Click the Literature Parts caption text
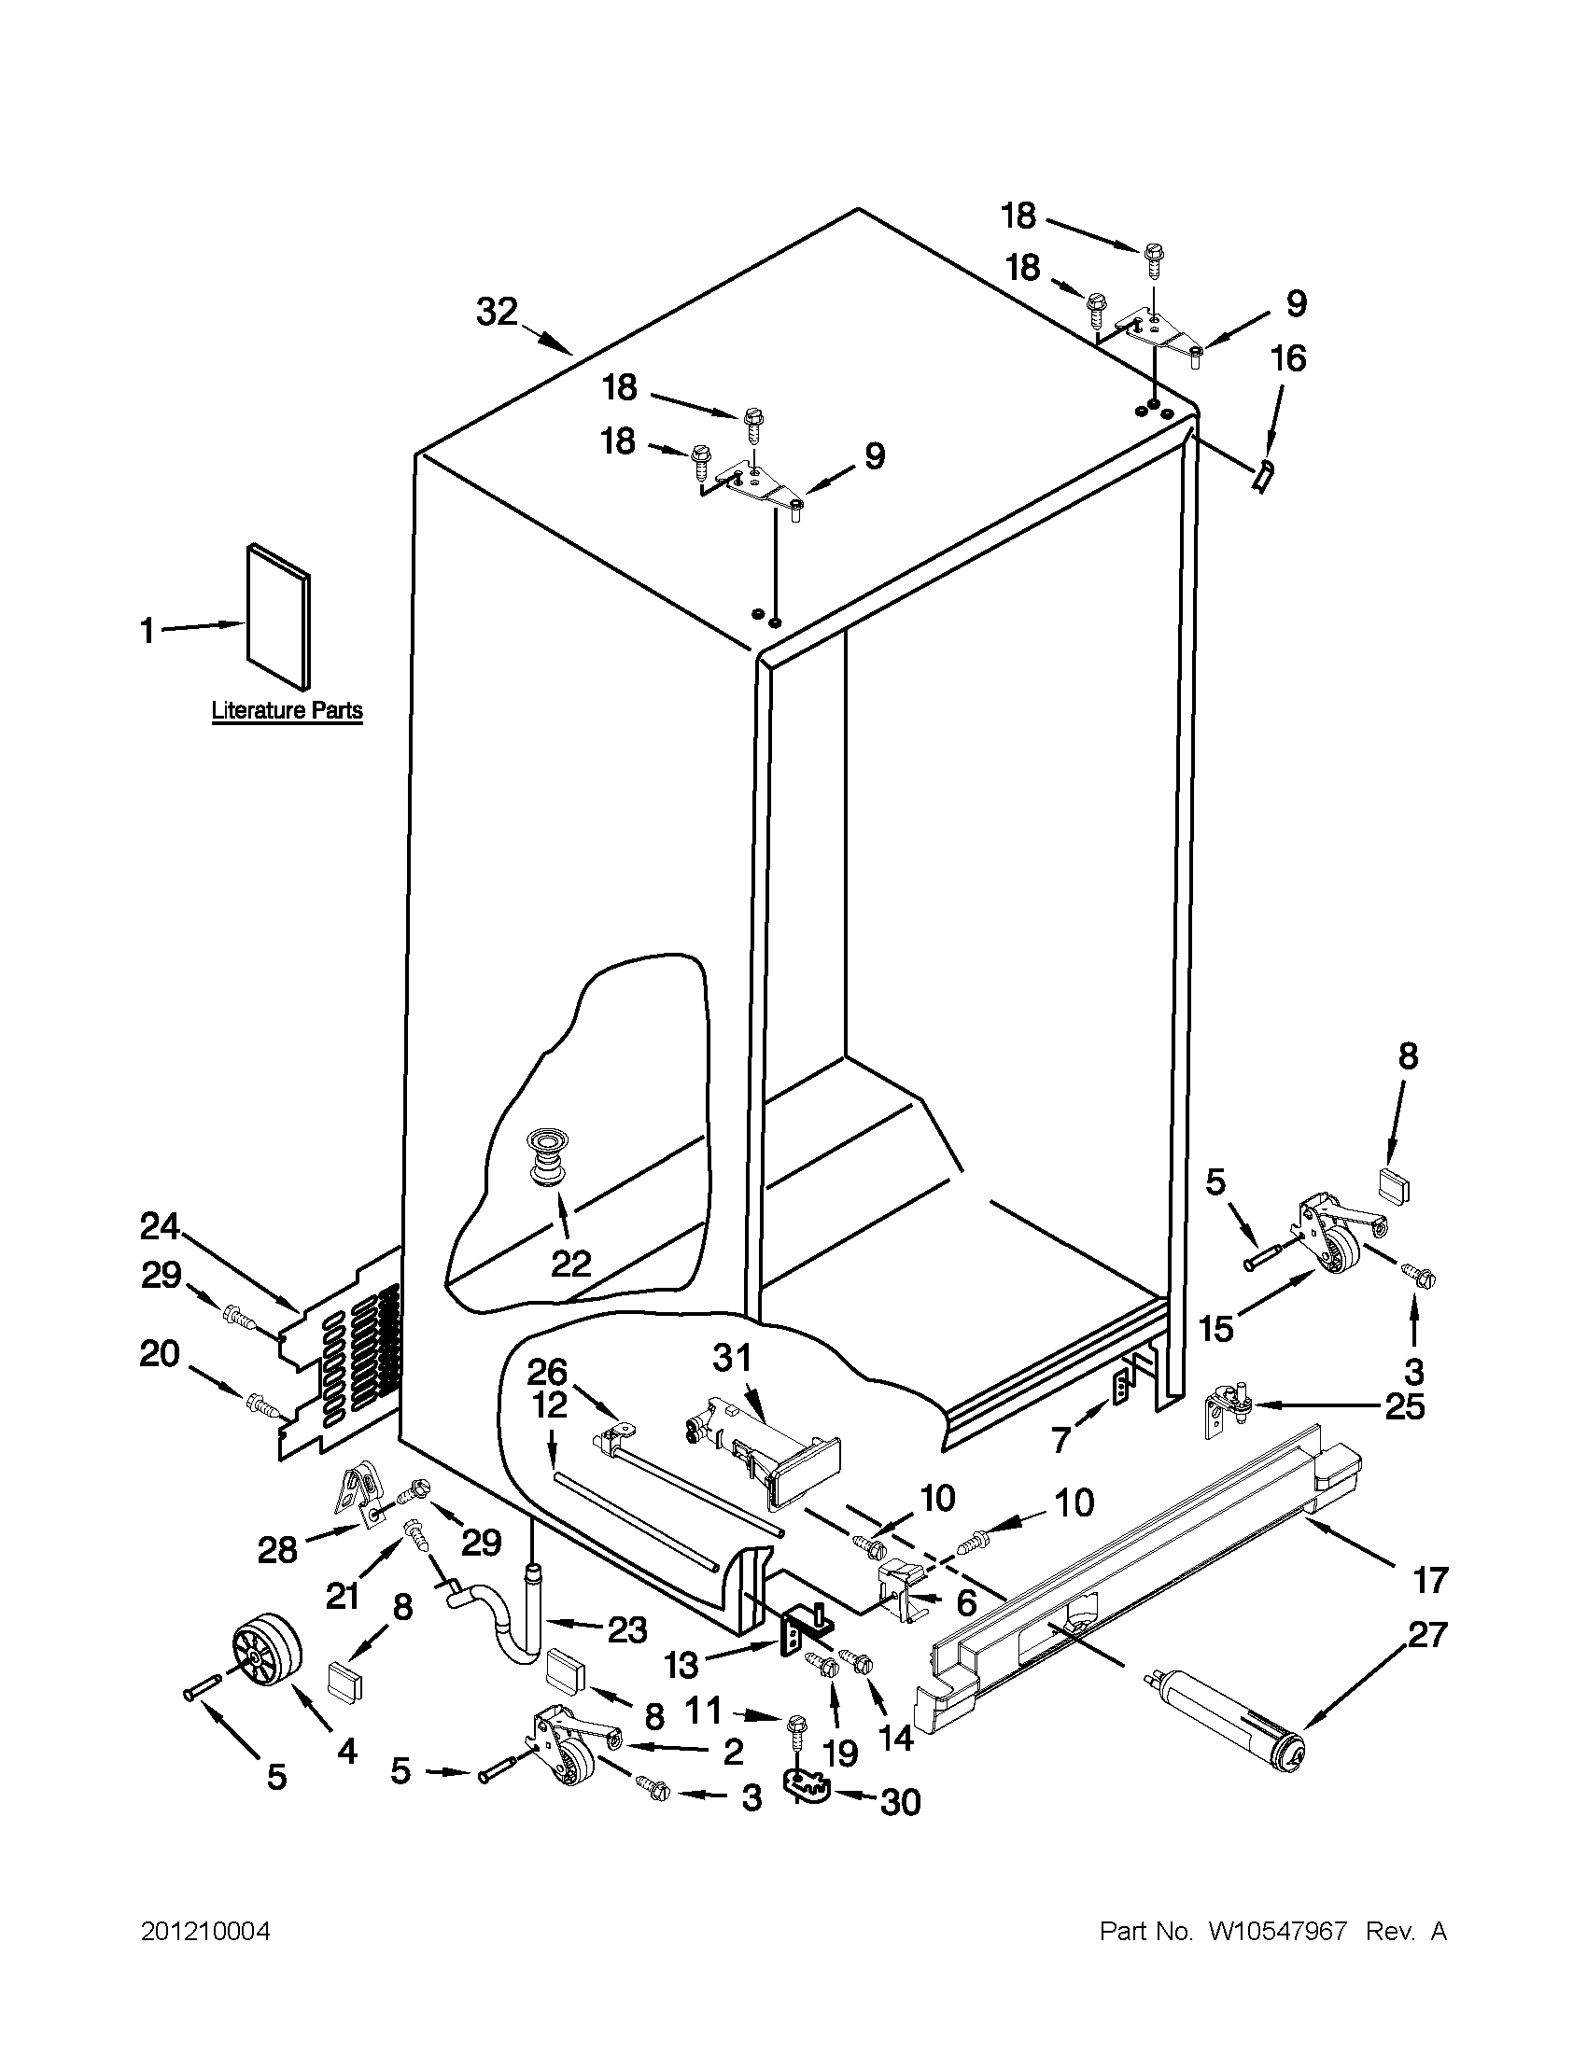click(x=287, y=710)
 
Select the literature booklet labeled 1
click(x=278, y=614)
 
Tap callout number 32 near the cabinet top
click(x=497, y=312)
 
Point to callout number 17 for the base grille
click(x=1429, y=1581)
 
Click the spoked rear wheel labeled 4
click(x=265, y=1655)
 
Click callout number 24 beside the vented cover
click(x=159, y=1226)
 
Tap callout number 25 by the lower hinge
click(x=1406, y=1408)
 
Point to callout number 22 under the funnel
click(x=570, y=1263)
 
